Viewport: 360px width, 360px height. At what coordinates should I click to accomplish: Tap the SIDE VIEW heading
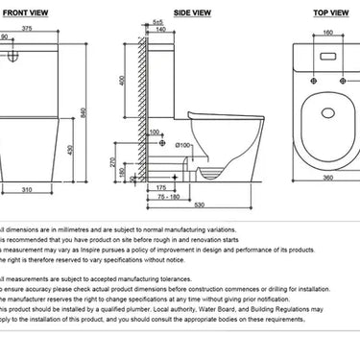[194, 12]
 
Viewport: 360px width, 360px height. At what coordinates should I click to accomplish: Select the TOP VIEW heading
[331, 12]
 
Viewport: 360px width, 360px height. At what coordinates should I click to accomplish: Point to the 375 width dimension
[31, 29]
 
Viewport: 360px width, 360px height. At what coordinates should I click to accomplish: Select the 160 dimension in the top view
[329, 30]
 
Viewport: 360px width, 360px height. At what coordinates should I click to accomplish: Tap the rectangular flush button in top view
[329, 52]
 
